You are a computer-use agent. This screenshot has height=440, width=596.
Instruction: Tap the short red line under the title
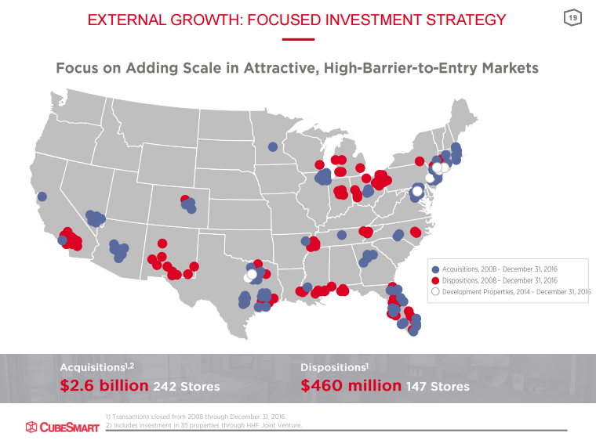298,39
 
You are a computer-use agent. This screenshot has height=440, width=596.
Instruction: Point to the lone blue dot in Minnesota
273,146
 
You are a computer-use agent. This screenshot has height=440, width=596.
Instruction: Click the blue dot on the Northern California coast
42,197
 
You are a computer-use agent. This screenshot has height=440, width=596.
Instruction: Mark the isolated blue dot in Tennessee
341,235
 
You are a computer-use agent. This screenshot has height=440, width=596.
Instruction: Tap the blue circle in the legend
436,269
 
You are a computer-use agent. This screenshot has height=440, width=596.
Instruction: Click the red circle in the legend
436,280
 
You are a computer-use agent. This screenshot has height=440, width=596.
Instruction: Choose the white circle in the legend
436,291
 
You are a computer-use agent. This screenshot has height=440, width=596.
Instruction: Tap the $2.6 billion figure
104,386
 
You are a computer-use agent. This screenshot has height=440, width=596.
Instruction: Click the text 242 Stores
187,386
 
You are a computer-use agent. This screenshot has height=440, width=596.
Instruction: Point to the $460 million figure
351,386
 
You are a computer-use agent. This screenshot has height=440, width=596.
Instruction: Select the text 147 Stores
438,386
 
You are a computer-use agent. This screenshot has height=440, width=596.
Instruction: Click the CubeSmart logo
62,427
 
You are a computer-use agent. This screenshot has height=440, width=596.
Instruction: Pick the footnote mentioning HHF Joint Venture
203,425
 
